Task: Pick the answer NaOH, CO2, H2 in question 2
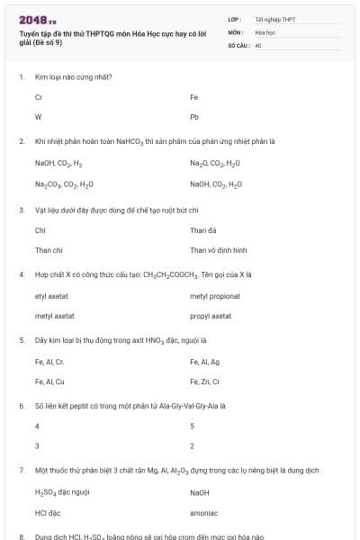point(58,164)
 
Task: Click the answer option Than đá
point(203,230)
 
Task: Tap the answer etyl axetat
point(53,297)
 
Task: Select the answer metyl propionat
point(215,297)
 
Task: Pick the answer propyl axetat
point(211,317)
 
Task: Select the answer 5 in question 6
point(193,426)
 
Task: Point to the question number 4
point(21,273)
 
